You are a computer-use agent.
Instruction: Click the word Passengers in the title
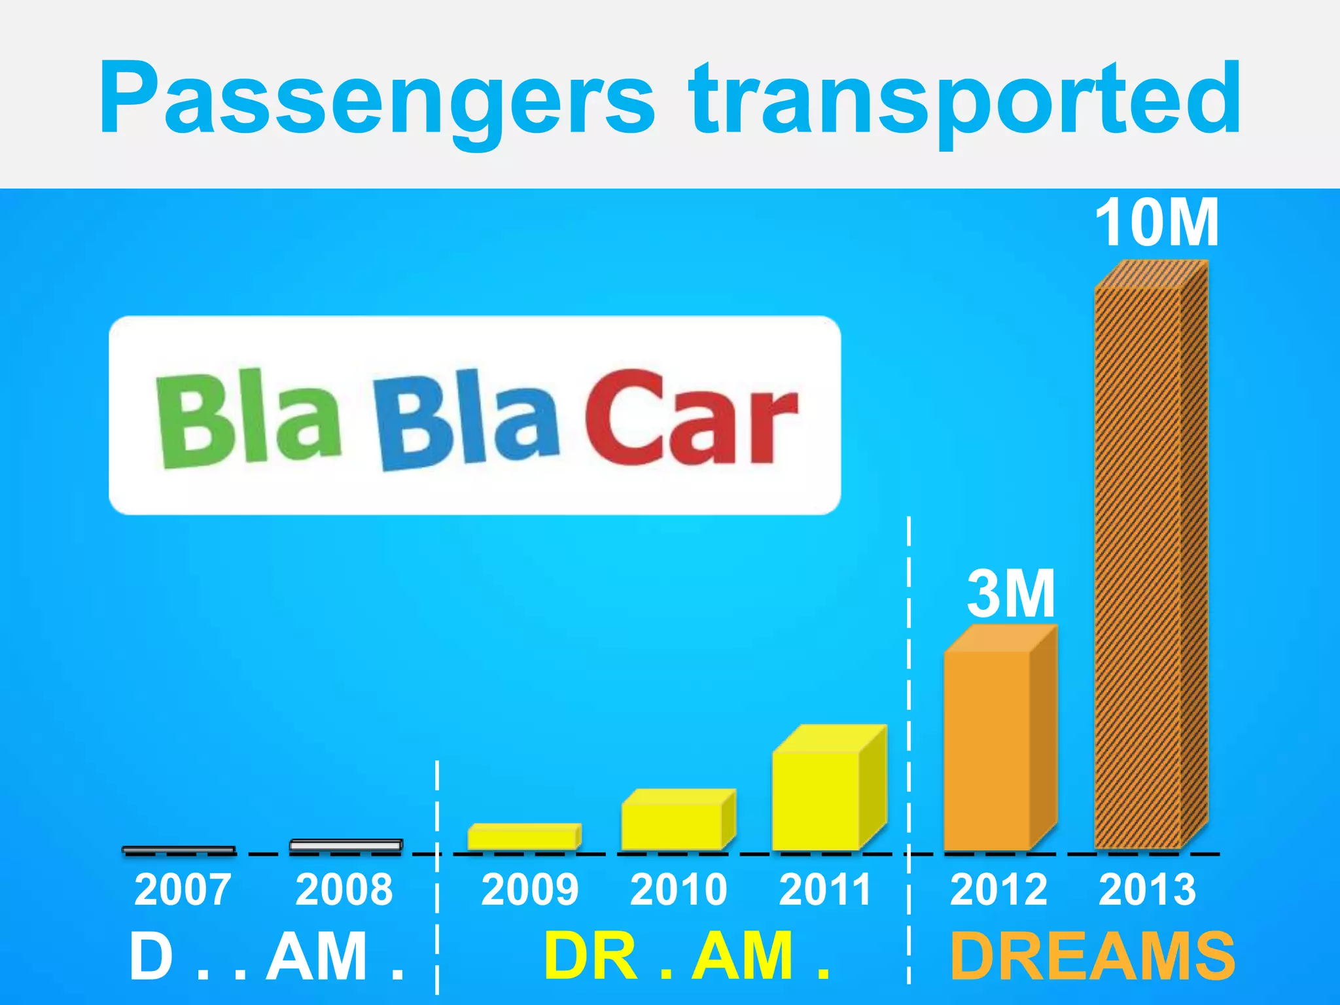click(376, 98)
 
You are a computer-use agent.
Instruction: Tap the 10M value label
click(1157, 223)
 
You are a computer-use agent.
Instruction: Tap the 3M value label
click(1011, 593)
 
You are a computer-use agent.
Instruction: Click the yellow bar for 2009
click(523, 837)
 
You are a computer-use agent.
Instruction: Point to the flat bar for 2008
click(345, 845)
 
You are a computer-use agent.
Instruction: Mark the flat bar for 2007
click(179, 850)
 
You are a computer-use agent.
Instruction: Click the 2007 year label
click(183, 890)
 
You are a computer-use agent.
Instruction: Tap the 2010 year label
click(679, 890)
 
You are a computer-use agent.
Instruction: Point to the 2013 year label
click(1147, 890)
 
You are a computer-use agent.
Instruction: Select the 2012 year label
click(998, 890)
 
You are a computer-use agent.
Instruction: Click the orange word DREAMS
click(1092, 956)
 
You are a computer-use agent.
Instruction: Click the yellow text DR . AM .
click(686, 956)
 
